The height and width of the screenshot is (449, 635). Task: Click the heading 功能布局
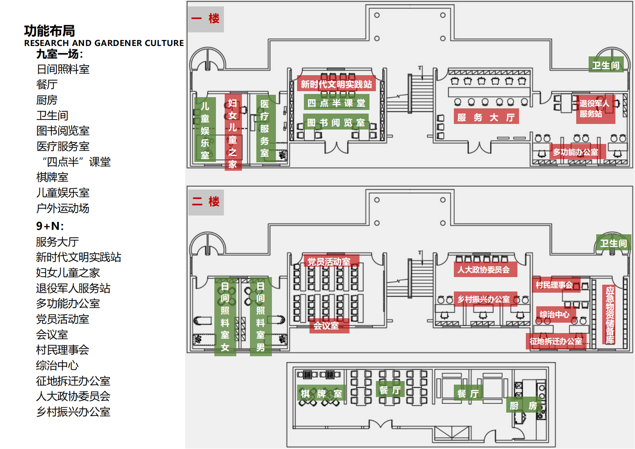click(x=49, y=31)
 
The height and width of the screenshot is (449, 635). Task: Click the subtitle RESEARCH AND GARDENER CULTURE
click(x=104, y=43)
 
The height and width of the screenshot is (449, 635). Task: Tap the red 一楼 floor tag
click(x=206, y=19)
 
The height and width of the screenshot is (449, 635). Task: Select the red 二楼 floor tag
click(x=206, y=202)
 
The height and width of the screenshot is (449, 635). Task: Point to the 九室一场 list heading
click(x=60, y=54)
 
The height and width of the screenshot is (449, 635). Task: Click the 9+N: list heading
click(x=50, y=226)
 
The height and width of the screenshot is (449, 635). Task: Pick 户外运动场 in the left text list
click(x=63, y=208)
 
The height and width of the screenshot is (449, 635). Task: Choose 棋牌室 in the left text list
click(x=52, y=178)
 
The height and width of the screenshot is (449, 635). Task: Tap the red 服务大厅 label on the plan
click(x=486, y=116)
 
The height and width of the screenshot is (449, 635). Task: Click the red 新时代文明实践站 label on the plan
click(x=336, y=84)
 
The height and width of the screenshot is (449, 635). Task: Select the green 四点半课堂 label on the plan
click(x=336, y=103)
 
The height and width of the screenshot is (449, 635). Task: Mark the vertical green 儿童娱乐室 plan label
click(x=205, y=130)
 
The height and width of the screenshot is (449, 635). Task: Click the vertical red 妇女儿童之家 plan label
click(x=233, y=132)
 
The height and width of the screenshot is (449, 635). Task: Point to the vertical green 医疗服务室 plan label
click(x=266, y=128)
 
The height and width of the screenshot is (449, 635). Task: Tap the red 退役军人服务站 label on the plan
click(x=595, y=109)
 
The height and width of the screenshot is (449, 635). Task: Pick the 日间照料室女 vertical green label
click(x=225, y=317)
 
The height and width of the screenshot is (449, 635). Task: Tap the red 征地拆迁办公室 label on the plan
click(x=556, y=341)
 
